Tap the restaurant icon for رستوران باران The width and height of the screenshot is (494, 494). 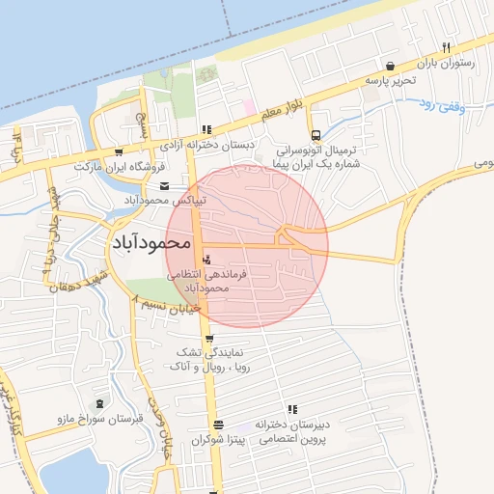(x=445, y=47)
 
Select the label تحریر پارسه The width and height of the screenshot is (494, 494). (x=389, y=81)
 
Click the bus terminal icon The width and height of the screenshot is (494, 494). (x=316, y=136)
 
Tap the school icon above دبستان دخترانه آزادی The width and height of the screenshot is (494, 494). (x=206, y=130)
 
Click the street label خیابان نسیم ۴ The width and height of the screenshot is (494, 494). (x=165, y=305)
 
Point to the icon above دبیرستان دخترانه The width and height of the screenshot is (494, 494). (x=291, y=409)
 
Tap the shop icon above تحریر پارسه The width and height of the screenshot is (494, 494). (x=390, y=66)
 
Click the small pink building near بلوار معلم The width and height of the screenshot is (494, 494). (x=246, y=104)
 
